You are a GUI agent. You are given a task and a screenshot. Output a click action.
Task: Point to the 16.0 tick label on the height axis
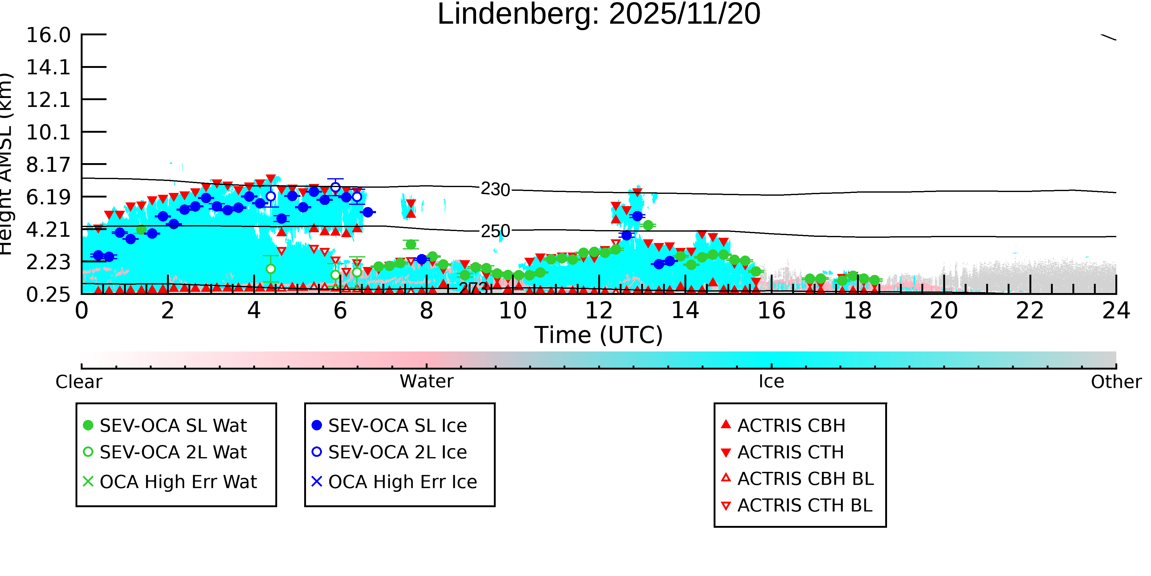tap(48, 35)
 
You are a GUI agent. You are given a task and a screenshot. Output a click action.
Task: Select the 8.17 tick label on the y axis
tap(48, 165)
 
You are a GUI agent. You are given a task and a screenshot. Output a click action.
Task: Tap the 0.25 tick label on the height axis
tap(48, 294)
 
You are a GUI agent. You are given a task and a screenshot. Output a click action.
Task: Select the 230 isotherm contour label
tap(495, 190)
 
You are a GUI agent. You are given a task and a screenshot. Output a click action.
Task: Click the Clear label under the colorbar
tap(79, 382)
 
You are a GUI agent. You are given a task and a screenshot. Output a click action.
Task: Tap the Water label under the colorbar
tap(426, 382)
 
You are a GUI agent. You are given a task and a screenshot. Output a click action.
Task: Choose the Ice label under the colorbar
tap(771, 382)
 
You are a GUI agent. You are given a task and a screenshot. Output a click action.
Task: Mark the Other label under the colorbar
tap(1116, 382)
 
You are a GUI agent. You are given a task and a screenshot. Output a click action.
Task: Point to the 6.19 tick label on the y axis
tap(48, 197)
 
